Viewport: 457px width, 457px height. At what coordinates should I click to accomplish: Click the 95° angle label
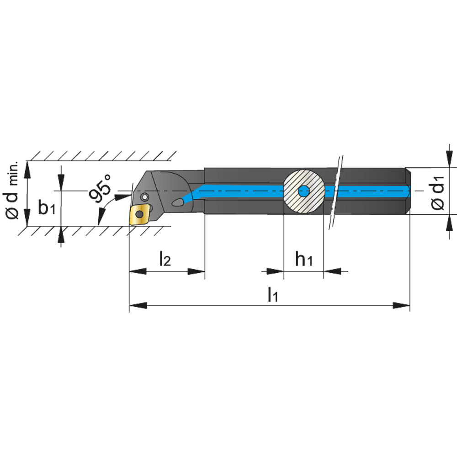tap(100, 188)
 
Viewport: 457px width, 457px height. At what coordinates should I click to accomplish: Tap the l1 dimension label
tap(273, 294)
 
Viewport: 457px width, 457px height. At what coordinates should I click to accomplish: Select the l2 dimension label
tap(165, 259)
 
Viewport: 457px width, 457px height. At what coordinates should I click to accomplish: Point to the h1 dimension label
tap(304, 259)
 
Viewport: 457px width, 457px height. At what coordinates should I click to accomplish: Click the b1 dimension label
tap(47, 207)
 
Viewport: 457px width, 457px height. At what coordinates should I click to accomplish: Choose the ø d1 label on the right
tap(437, 193)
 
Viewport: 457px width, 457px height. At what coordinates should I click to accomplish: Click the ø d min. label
tap(12, 190)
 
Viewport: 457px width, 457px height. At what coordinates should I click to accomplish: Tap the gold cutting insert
tap(139, 215)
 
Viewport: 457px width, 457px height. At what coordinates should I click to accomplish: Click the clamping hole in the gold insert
tap(140, 214)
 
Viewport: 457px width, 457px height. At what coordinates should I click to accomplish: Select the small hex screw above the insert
tap(144, 197)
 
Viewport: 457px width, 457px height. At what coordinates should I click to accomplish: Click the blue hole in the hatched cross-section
tap(304, 191)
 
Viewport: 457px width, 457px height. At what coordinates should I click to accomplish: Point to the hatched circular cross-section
tap(304, 191)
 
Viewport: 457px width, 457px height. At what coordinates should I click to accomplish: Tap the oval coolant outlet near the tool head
tap(177, 202)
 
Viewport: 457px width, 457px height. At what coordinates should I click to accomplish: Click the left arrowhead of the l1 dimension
tap(138, 305)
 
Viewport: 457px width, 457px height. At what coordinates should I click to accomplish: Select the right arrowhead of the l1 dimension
tap(401, 305)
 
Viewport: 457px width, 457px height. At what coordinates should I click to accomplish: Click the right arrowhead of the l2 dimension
tap(196, 271)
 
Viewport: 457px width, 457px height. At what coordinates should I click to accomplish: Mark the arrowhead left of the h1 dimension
tap(275, 271)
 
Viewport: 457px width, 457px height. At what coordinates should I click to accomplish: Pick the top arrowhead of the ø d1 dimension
tap(449, 159)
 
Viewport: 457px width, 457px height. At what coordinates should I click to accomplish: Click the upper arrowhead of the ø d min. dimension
tap(27, 170)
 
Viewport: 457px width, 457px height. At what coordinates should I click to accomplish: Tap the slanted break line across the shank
tap(336, 192)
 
